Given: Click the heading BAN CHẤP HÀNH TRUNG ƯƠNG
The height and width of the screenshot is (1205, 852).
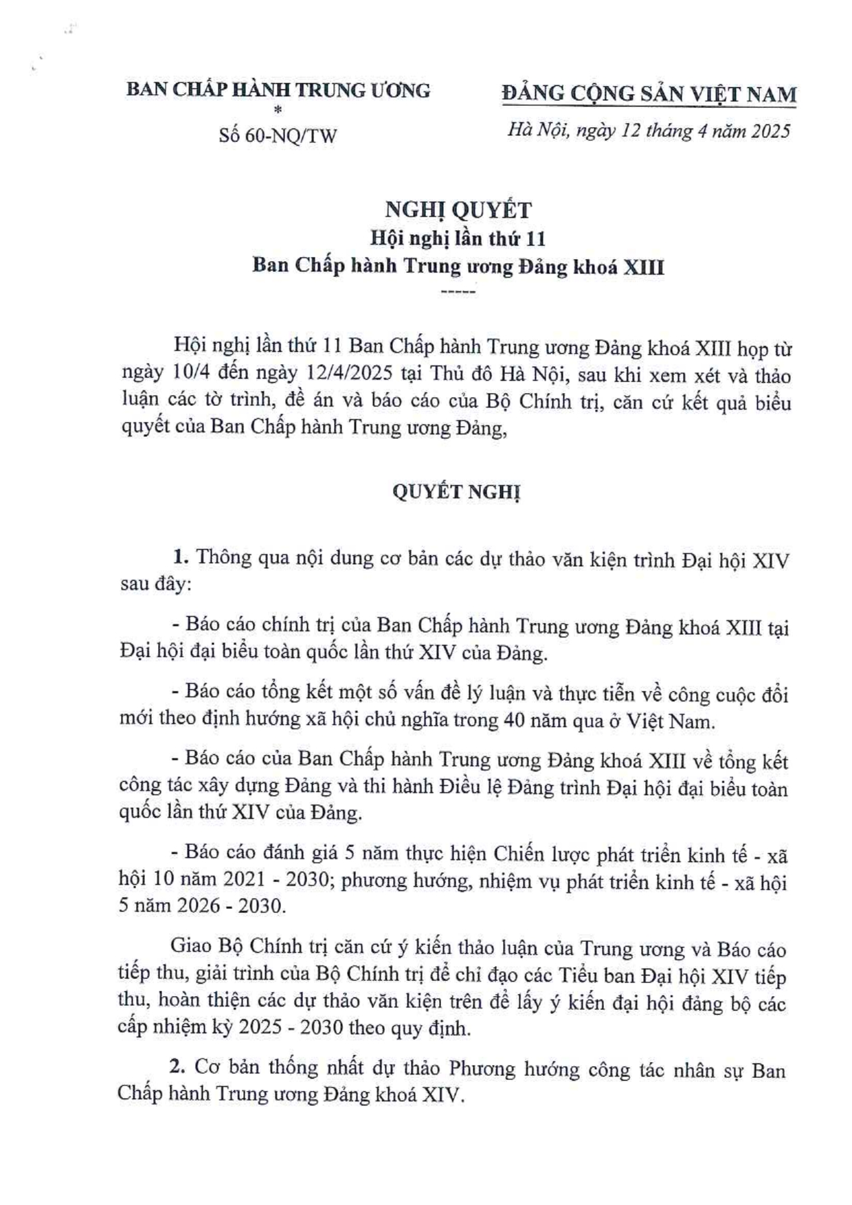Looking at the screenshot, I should (x=278, y=90).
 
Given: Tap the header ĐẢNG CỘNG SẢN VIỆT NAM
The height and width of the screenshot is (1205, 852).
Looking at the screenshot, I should (x=649, y=94).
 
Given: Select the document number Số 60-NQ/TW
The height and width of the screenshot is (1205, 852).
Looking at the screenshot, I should (x=278, y=135).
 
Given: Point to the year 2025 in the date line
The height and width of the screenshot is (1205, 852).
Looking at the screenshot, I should (x=770, y=131).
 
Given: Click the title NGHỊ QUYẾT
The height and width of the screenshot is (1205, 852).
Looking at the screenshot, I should (x=458, y=210).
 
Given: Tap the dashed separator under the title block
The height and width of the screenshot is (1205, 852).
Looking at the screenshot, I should (x=458, y=292).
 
